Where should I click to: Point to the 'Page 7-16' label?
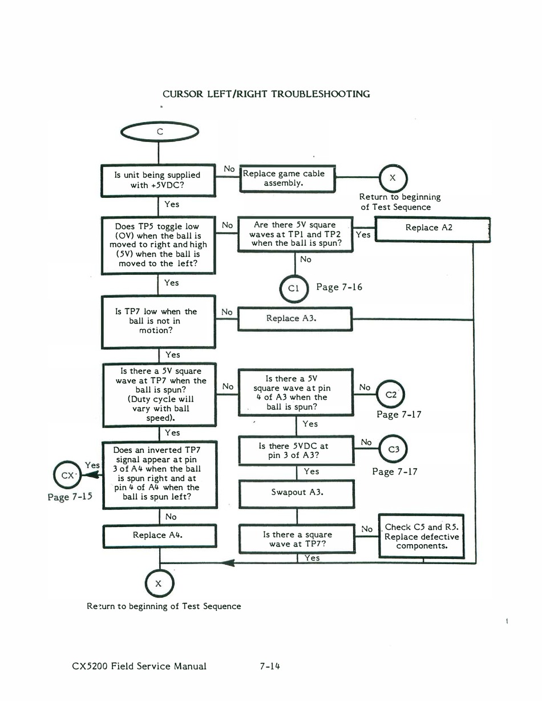pos(339,287)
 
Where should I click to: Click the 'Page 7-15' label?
pos(70,496)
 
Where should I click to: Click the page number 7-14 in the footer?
pos(270,666)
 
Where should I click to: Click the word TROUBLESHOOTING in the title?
pos(321,94)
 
